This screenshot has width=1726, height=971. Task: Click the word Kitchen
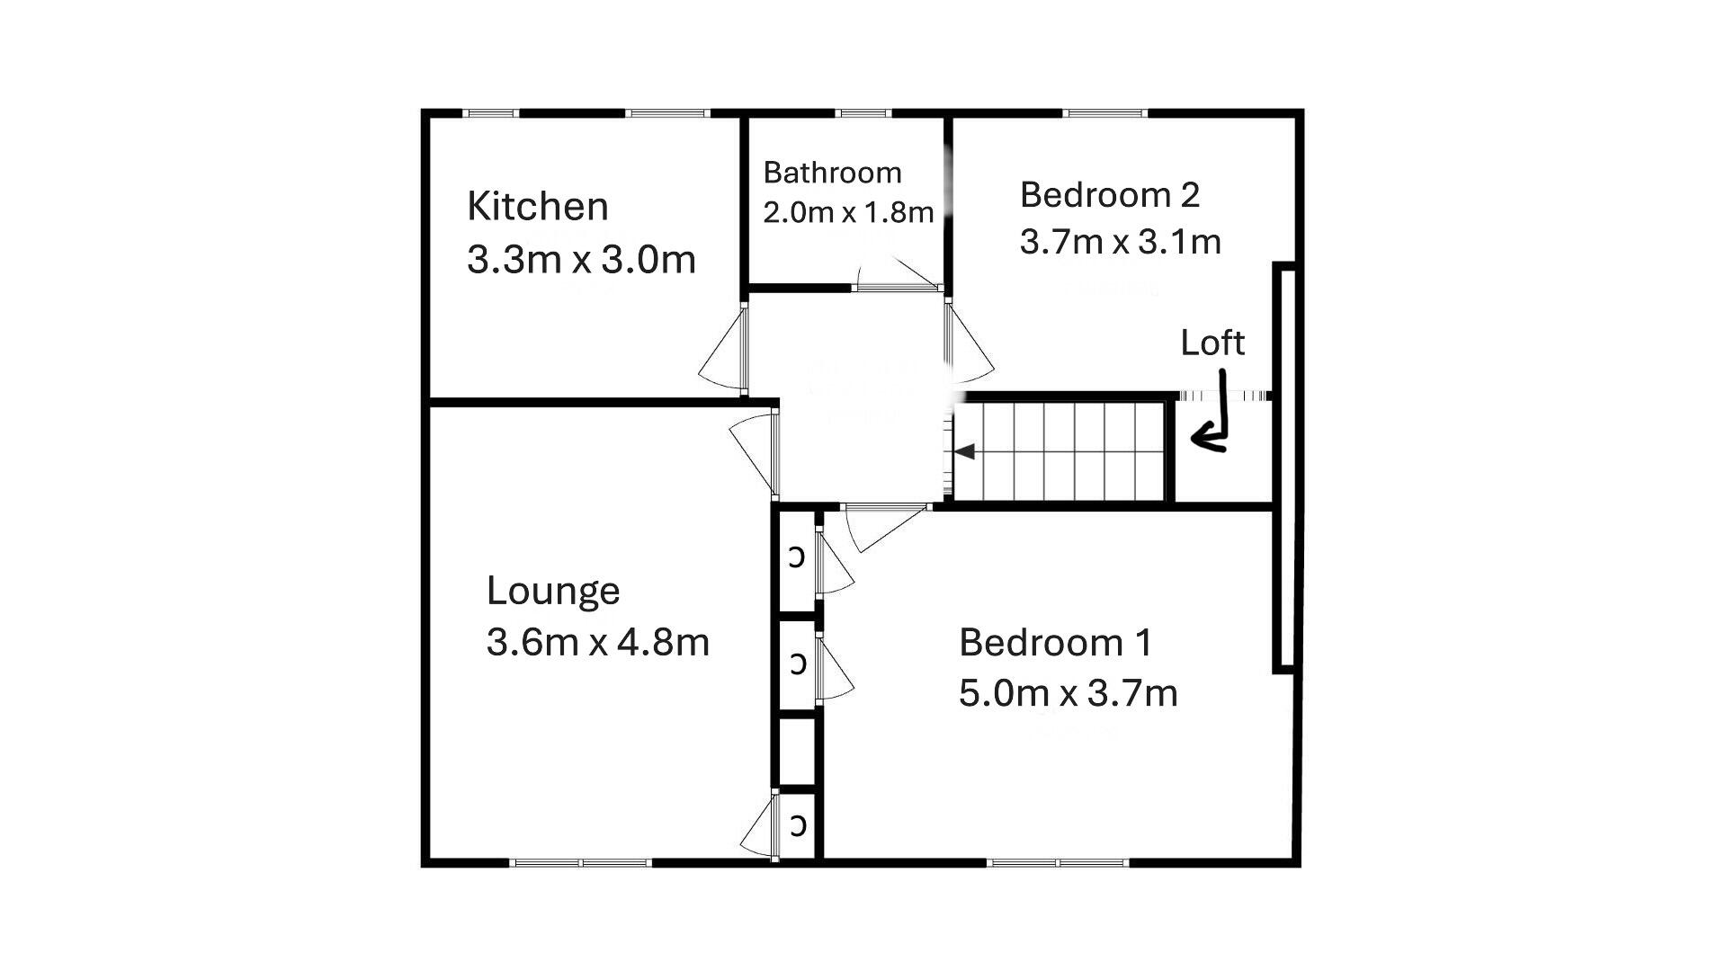tap(537, 207)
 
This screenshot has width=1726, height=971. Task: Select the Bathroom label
tap(832, 173)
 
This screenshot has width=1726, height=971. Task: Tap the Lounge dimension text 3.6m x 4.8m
tap(598, 643)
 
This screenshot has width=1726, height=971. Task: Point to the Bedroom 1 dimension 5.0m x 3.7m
tap(1068, 694)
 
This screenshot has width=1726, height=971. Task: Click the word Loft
tap(1212, 343)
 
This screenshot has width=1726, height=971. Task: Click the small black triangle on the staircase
tap(965, 451)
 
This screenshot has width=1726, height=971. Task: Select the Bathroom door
tap(898, 274)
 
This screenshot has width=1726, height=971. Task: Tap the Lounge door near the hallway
tap(754, 450)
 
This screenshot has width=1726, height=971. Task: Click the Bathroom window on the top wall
tap(863, 113)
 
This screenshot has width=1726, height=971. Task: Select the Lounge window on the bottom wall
tap(580, 863)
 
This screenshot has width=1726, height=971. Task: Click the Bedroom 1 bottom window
tap(1058, 863)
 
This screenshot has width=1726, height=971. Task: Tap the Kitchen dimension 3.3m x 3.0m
tap(581, 261)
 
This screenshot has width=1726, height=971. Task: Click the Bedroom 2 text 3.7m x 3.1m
tap(1120, 242)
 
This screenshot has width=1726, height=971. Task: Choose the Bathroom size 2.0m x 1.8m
tap(848, 213)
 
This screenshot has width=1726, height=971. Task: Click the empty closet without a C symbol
tap(797, 751)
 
